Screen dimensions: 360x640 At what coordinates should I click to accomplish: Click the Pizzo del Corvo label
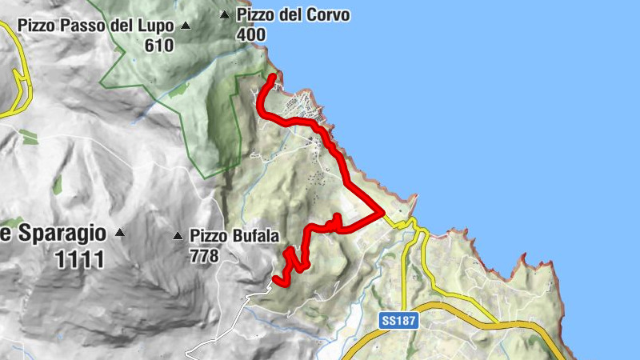[293, 15]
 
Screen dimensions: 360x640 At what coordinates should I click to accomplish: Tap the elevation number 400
[251, 35]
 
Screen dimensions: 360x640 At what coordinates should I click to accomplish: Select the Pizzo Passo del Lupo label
[96, 26]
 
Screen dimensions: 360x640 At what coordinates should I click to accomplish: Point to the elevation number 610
[159, 46]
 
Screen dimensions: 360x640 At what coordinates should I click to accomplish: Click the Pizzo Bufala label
[234, 236]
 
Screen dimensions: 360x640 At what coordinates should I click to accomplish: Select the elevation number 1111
[80, 259]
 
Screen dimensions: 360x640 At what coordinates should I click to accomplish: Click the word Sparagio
[59, 234]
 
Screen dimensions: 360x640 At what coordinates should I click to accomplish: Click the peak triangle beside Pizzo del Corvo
[225, 14]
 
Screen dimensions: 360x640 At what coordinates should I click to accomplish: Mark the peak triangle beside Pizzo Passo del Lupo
[186, 26]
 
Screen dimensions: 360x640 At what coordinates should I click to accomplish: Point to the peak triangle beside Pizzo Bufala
[178, 236]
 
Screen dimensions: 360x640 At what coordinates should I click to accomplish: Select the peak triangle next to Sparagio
[119, 234]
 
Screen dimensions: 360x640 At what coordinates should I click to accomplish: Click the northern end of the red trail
[273, 77]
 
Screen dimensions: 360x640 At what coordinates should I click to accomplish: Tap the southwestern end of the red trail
[276, 279]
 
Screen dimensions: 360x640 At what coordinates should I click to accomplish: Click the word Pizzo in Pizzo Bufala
[207, 236]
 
